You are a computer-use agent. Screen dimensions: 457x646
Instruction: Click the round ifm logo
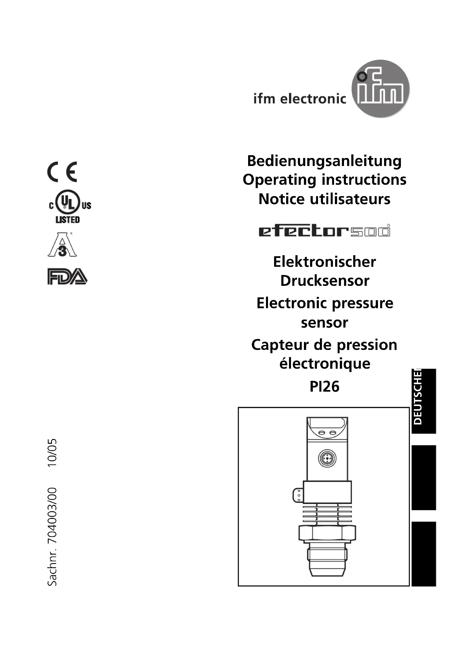380,89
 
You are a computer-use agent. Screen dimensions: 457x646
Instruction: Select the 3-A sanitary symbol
62,244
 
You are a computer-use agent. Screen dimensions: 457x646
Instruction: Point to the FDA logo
67,276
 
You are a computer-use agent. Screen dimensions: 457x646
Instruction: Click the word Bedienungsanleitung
324,161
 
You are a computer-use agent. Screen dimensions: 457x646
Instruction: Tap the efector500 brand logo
324,231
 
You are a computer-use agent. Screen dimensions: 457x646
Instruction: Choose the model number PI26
324,386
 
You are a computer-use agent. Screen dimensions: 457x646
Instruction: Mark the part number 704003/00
52,515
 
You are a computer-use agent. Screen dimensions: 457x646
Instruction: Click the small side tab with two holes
298,495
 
